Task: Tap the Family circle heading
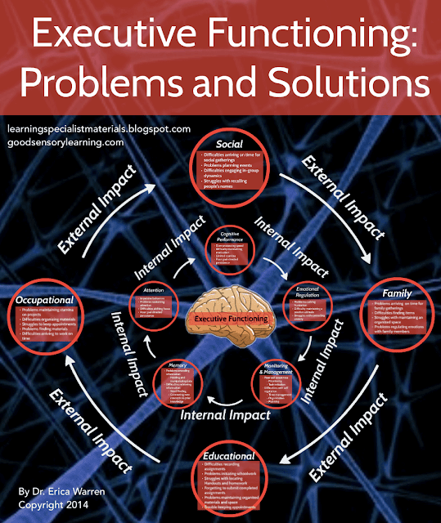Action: click(x=396, y=293)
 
